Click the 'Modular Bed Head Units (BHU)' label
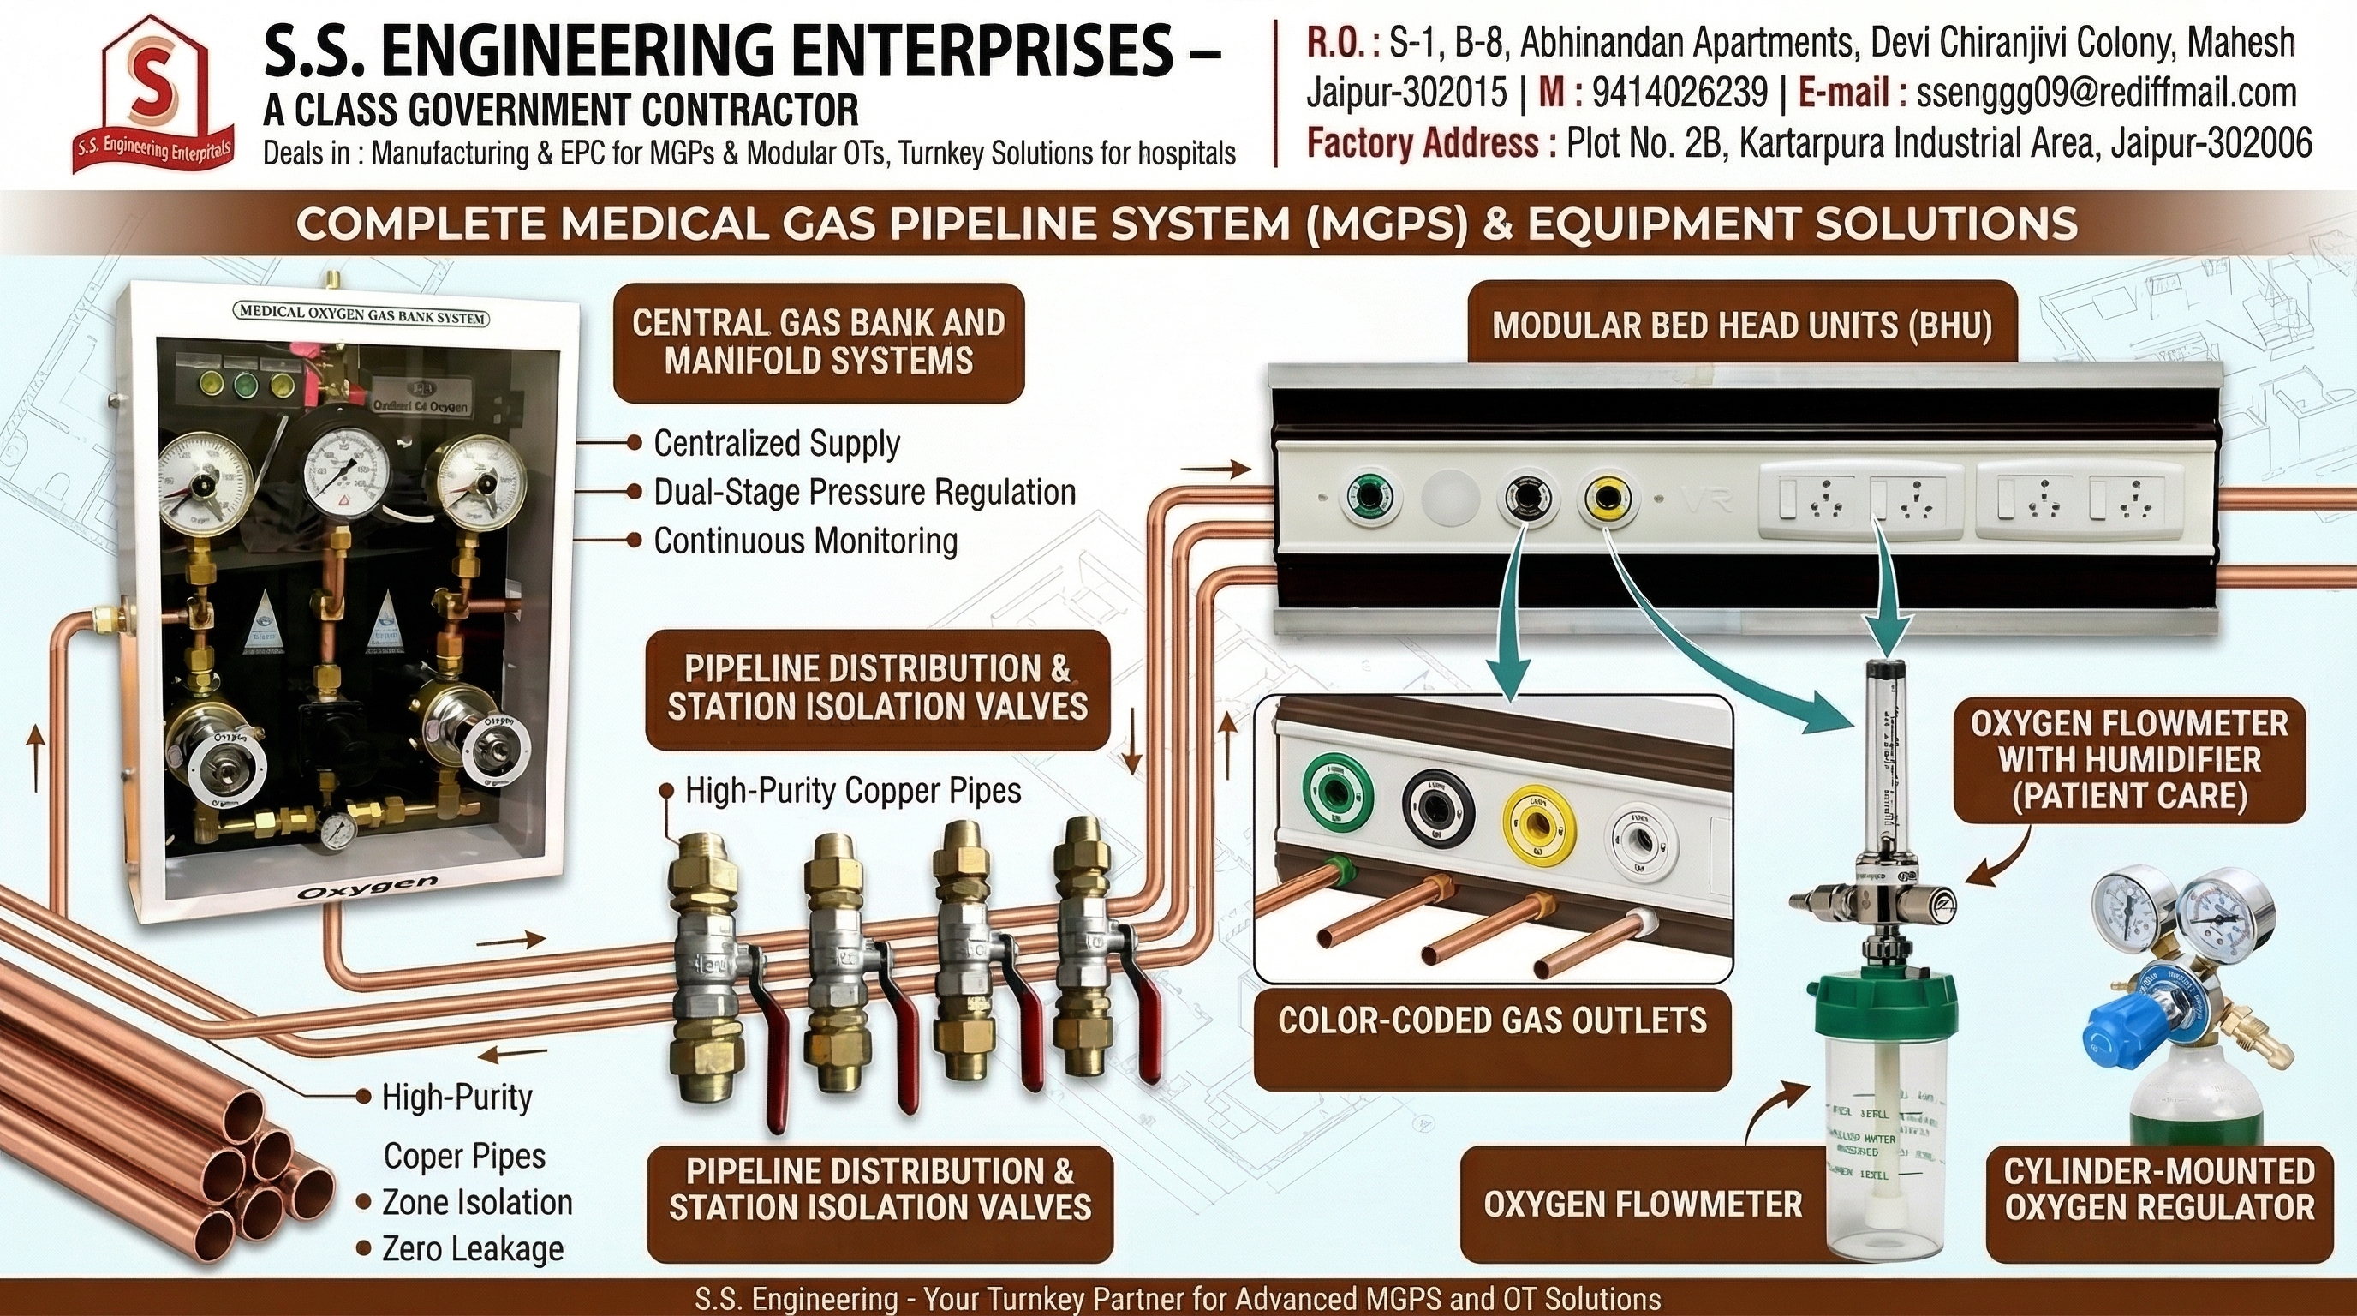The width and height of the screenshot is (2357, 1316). [x=1742, y=326]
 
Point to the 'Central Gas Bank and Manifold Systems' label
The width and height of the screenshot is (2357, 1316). [x=818, y=342]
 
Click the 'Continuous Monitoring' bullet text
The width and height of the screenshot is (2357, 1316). [x=805, y=541]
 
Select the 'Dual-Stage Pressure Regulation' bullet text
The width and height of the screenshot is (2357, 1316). [x=863, y=493]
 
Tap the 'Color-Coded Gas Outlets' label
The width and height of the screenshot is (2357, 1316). [x=1492, y=1020]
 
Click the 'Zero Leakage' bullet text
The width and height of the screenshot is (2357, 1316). [x=472, y=1249]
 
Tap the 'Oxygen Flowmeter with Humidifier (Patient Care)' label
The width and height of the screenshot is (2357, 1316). [x=2129, y=761]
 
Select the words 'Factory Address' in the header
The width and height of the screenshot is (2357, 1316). [x=1422, y=144]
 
